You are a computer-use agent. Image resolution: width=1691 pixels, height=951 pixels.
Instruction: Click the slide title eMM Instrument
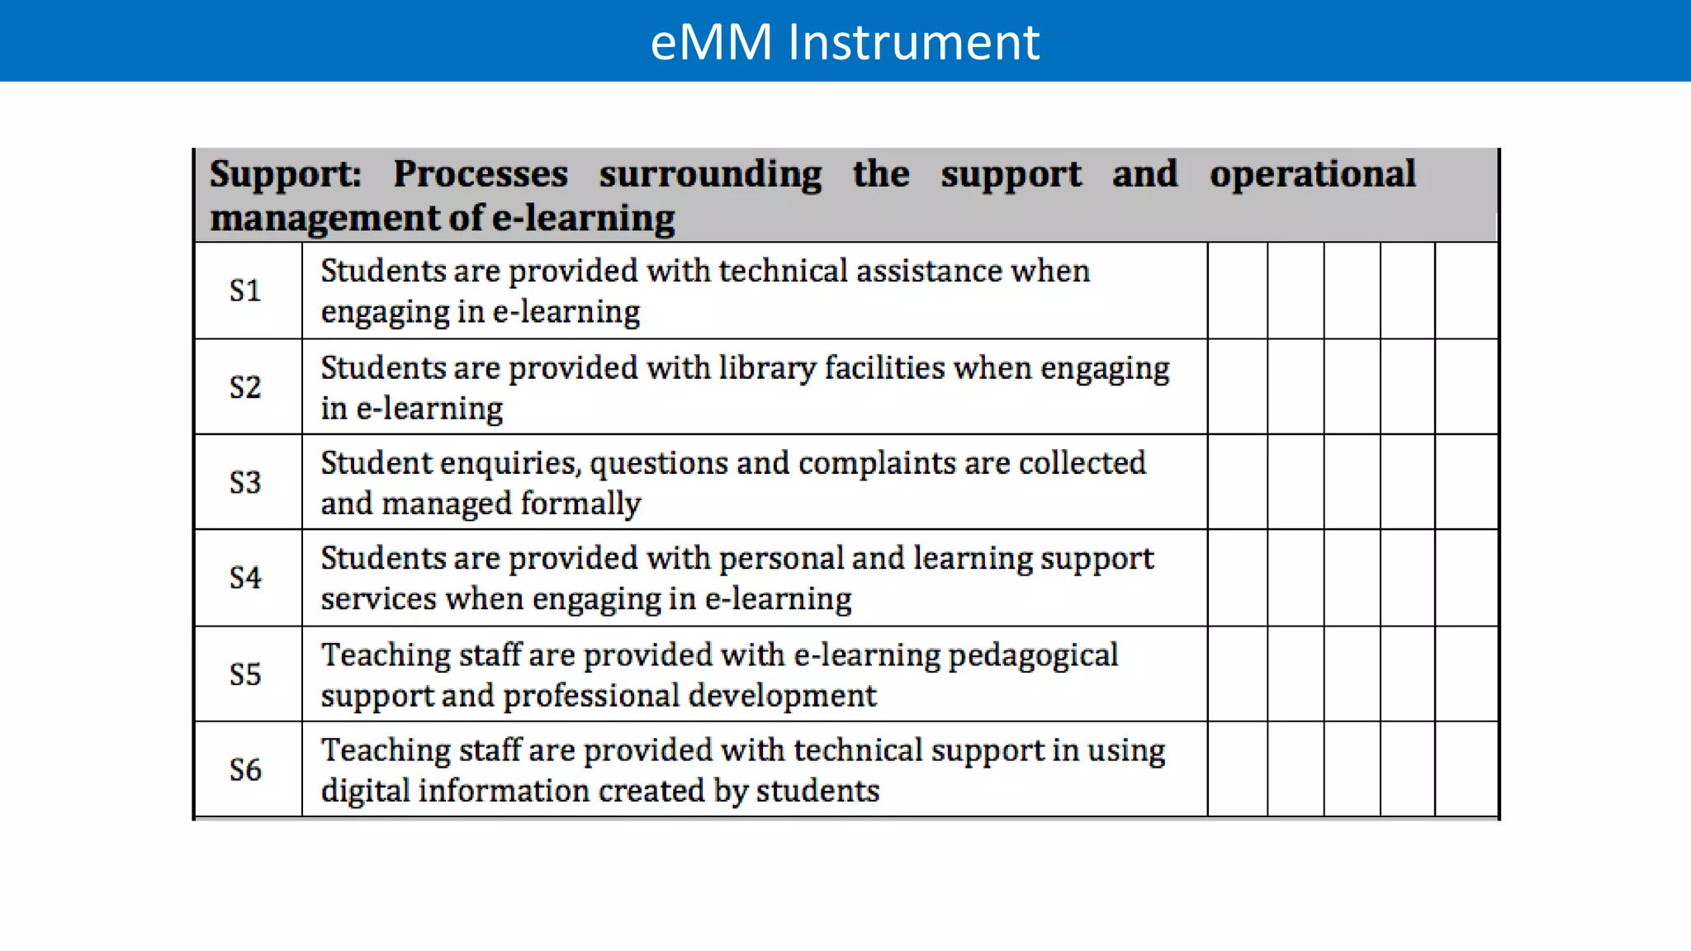(845, 42)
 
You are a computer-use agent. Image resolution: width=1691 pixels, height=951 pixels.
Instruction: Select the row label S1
(245, 291)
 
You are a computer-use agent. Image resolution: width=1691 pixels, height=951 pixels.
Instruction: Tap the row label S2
(245, 387)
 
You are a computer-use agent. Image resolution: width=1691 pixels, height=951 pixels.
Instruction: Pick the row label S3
(245, 482)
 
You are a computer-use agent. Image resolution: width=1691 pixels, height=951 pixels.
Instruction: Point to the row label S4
(245, 578)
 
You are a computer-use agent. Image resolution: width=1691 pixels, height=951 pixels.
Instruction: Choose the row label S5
(245, 674)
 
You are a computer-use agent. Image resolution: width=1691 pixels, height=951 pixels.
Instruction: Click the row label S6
(245, 770)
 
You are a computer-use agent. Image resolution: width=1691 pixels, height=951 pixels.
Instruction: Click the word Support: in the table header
(286, 175)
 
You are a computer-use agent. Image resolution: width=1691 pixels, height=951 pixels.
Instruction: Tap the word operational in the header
(1313, 175)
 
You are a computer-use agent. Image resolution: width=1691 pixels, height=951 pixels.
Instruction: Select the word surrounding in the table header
(710, 175)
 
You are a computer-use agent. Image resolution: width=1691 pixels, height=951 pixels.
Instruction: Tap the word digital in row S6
(365, 791)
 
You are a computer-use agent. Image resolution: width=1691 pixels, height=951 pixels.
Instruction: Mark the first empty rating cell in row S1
(1238, 291)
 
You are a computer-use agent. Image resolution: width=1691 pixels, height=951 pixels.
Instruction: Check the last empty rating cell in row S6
(1466, 770)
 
